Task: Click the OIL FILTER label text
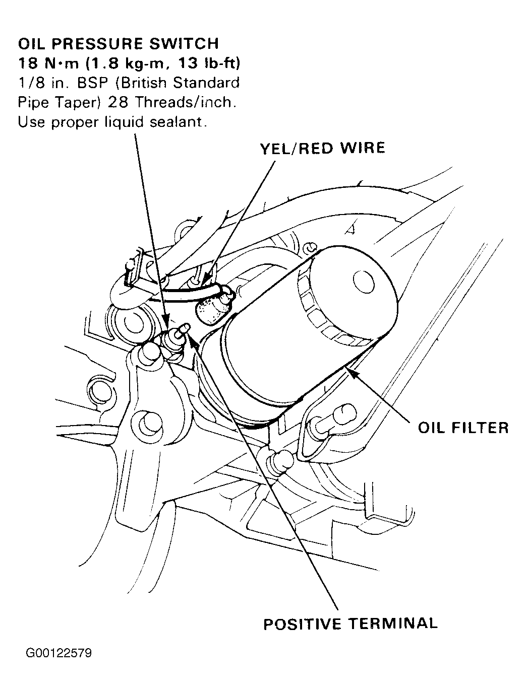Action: pyautogui.click(x=462, y=428)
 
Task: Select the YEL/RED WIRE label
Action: pyautogui.click(x=322, y=148)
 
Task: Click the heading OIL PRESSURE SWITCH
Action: pyautogui.click(x=119, y=43)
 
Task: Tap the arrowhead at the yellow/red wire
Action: pyautogui.click(x=207, y=277)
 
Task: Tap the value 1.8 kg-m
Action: pyautogui.click(x=125, y=63)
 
